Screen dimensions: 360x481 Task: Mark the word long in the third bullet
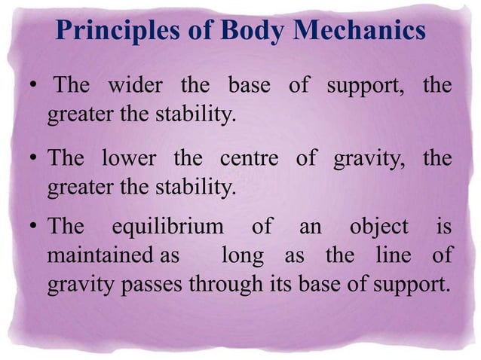243,257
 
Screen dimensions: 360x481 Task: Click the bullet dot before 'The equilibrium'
35,228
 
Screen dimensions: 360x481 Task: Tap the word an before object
308,227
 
